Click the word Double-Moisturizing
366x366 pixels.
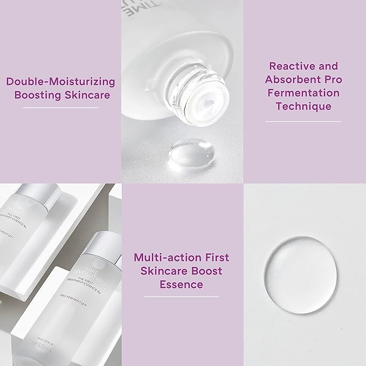point(60,82)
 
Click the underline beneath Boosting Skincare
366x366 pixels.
point(60,108)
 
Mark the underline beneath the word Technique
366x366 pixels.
point(303,121)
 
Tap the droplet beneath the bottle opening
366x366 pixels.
point(184,154)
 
